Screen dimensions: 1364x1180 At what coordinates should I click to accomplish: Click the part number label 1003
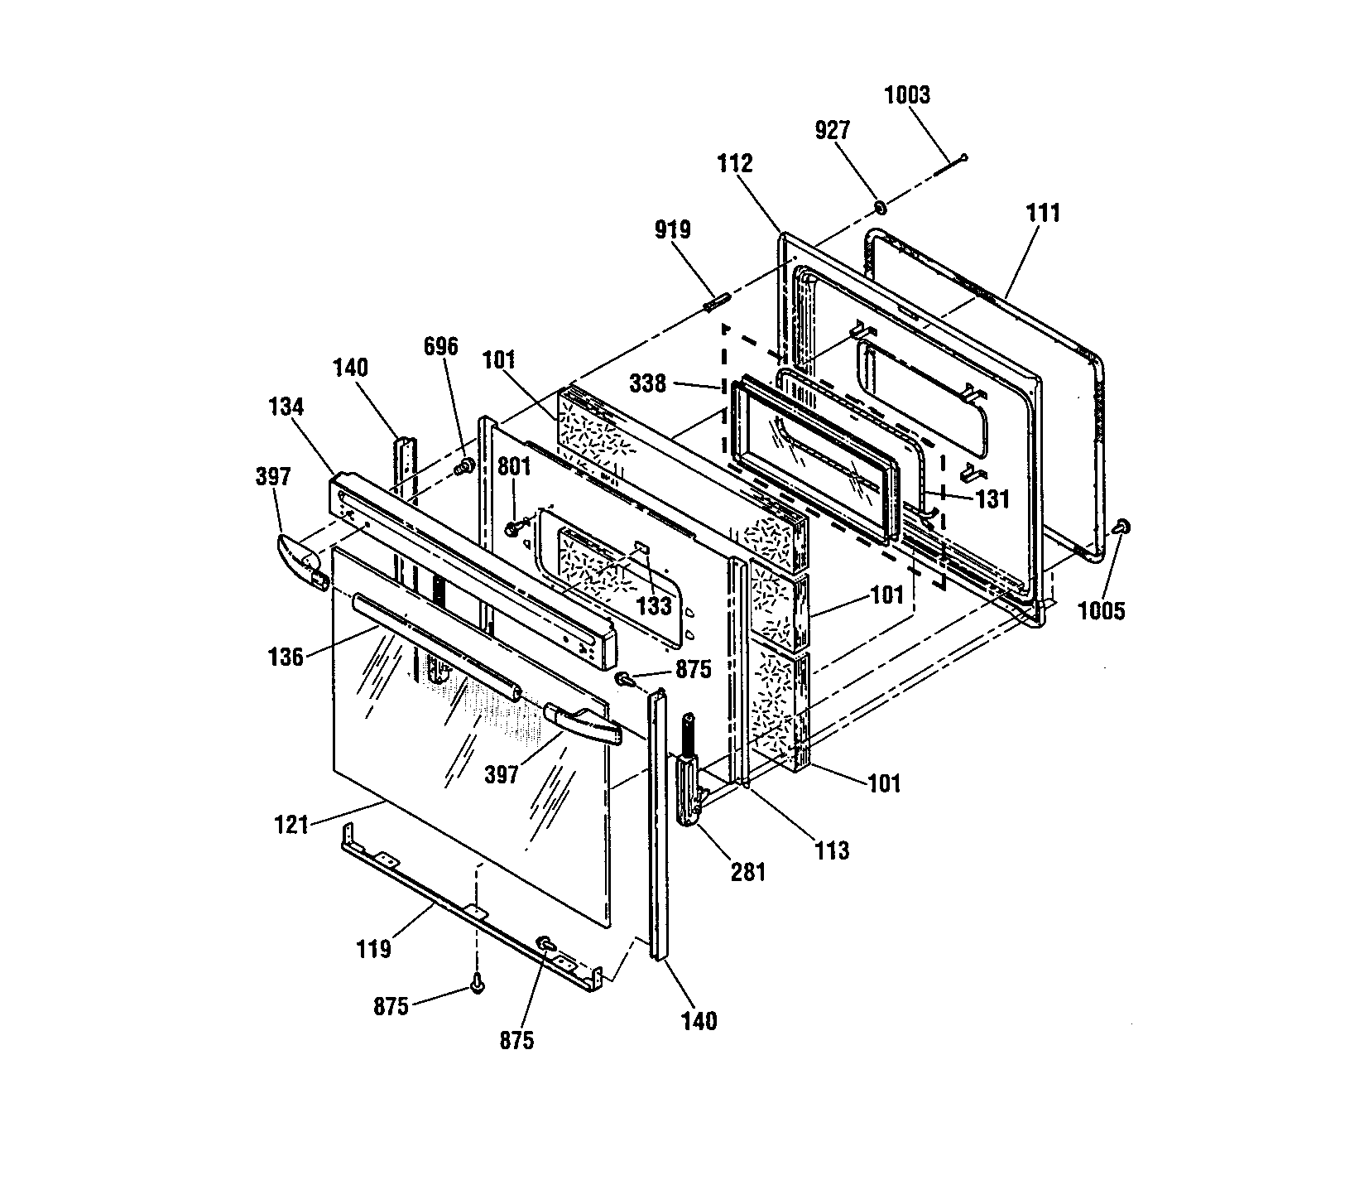pos(907,95)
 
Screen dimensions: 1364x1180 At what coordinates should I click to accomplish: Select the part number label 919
pos(672,229)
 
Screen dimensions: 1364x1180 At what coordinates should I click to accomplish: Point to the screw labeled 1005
pos(1121,526)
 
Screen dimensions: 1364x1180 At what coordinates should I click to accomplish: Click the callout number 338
pos(647,384)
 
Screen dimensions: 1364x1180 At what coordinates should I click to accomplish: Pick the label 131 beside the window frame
pos(992,498)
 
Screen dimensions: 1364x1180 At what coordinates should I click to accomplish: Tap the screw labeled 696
pos(465,468)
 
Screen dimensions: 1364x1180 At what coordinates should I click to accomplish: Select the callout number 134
pos(286,407)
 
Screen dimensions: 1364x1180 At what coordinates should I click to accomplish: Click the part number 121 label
pos(291,825)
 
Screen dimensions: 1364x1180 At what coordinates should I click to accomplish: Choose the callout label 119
pos(373,949)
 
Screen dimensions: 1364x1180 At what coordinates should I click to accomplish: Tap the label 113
pos(831,850)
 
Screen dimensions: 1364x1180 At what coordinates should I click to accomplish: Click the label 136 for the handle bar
pos(286,659)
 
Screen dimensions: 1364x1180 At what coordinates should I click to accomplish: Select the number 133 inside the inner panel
pos(655,606)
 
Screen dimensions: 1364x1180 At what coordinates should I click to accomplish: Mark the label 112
pos(735,163)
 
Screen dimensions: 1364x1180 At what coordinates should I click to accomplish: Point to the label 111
pos(1043,213)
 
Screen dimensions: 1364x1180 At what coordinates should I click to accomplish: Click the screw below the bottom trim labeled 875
pos(477,984)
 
